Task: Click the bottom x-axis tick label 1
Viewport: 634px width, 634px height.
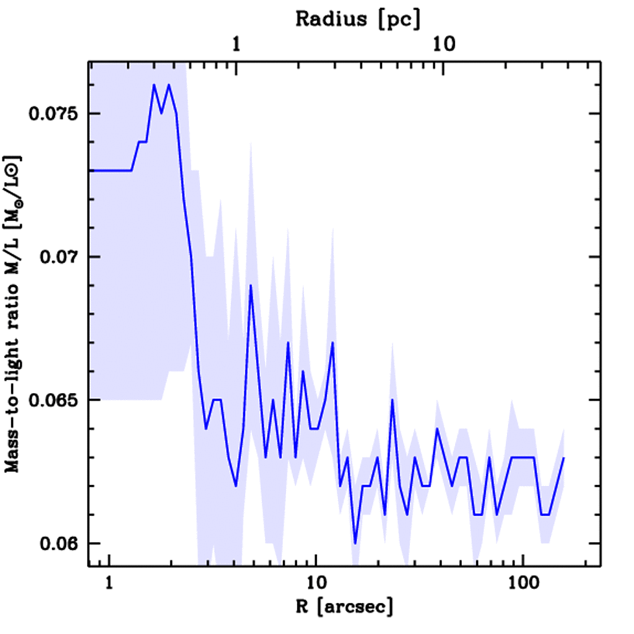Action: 110,584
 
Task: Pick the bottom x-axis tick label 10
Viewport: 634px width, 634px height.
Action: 316,584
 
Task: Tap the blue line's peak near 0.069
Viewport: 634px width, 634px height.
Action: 251,285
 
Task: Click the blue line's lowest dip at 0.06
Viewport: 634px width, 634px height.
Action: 355,543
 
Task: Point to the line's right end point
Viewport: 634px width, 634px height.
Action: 563,458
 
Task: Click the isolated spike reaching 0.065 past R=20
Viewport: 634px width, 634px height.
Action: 393,400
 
